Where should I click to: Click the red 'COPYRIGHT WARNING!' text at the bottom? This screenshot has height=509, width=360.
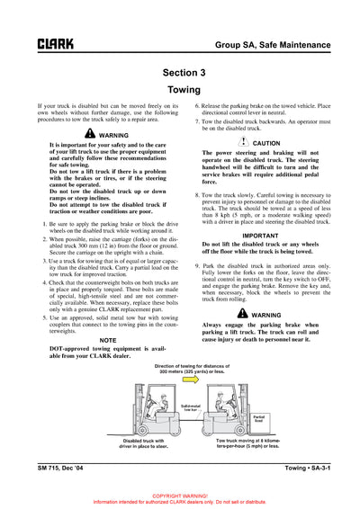point(180,496)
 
